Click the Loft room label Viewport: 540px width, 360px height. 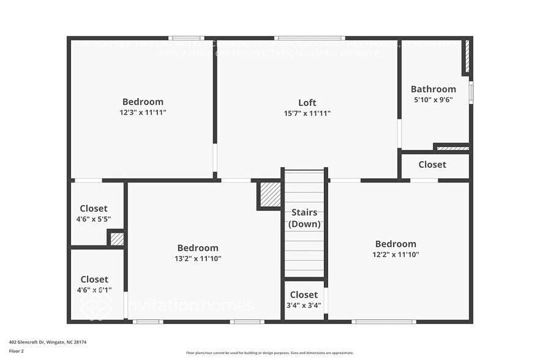click(307, 102)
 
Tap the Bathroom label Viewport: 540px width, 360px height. click(433, 89)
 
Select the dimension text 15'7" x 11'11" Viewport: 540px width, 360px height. click(307, 113)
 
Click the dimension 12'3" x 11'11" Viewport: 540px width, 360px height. click(143, 113)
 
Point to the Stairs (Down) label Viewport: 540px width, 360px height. click(304, 218)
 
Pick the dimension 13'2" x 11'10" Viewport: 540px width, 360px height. click(198, 258)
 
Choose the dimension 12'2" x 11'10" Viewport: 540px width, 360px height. click(396, 255)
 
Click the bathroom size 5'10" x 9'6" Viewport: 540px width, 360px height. click(433, 100)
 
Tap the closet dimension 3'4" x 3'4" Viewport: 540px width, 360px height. click(304, 306)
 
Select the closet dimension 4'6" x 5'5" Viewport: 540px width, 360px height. click(94, 219)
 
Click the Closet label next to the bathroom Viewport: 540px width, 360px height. click(432, 164)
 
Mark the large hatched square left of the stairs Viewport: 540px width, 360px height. click(269, 195)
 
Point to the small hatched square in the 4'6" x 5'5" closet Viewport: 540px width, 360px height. click(116, 239)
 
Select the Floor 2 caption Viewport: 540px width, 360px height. click(17, 351)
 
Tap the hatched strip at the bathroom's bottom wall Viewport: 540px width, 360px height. click(453, 148)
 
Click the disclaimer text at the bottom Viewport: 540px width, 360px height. click(270, 353)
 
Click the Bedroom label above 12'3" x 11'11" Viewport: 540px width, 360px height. click(143, 102)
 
